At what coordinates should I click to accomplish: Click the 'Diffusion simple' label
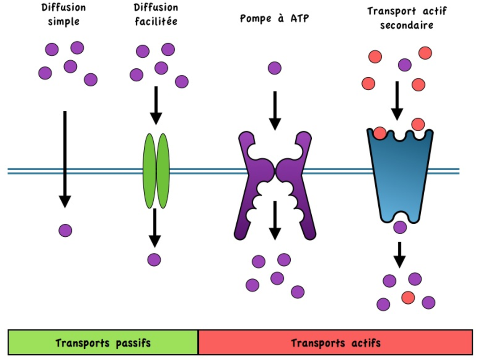63,14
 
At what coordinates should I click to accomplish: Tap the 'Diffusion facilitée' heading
156,14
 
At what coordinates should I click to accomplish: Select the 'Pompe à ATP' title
274,19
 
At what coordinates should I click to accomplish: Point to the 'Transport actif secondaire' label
406,18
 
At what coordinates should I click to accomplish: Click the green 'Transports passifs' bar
103,343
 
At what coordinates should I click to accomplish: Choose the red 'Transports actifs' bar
335,343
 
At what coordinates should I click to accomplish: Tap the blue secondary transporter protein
400,174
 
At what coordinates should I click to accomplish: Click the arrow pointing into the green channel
156,105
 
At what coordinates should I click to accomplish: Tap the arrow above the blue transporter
397,101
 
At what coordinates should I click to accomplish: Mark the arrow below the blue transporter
400,255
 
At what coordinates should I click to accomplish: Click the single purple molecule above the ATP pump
275,68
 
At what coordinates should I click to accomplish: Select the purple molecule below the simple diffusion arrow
65,230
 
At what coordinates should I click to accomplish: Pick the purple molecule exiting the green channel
154,260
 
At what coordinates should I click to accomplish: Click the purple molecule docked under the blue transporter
400,227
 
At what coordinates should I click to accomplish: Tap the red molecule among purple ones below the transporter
408,297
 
